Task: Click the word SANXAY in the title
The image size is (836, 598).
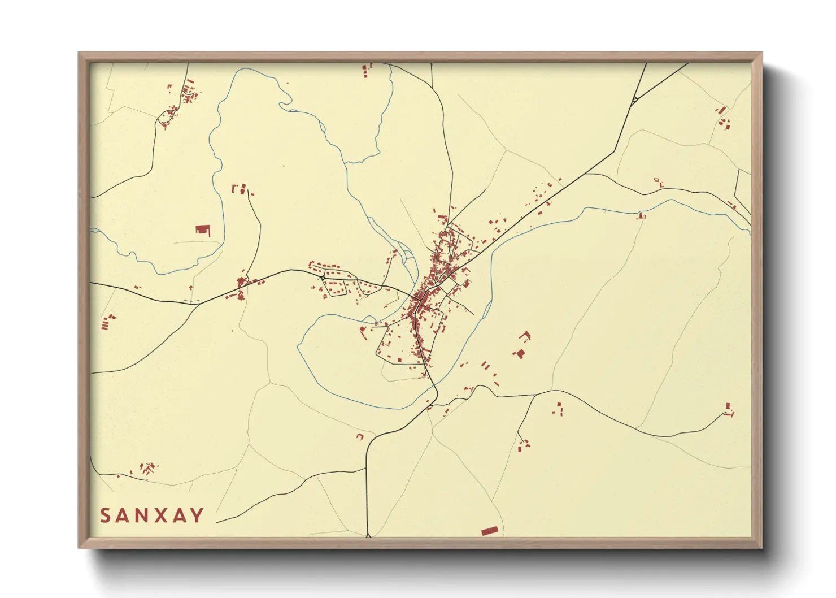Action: (x=152, y=515)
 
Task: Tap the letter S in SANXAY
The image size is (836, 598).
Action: (x=106, y=515)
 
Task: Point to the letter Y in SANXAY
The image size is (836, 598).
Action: (x=198, y=515)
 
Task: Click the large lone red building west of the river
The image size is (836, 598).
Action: (x=202, y=229)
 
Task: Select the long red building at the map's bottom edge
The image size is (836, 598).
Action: (x=490, y=531)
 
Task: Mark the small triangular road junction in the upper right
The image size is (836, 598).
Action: (x=634, y=101)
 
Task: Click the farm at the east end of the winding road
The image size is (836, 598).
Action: (x=728, y=409)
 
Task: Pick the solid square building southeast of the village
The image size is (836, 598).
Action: (x=520, y=354)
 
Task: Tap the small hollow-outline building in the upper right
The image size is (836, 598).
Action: (x=656, y=181)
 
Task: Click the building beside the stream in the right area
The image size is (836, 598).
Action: (x=641, y=215)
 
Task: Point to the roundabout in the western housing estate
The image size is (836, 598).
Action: (x=323, y=278)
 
